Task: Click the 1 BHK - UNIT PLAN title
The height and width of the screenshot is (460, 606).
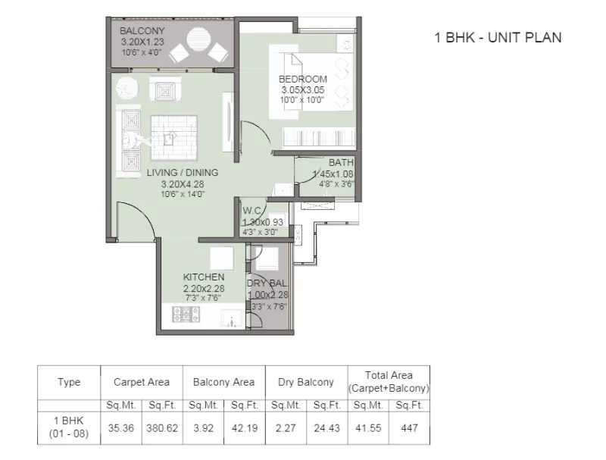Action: coord(498,37)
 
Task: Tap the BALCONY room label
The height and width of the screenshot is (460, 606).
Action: coord(142,30)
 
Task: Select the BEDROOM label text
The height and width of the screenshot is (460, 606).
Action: coord(303,80)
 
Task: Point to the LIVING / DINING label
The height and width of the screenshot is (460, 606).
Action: coord(183,172)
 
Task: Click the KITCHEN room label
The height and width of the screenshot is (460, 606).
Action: coord(204,277)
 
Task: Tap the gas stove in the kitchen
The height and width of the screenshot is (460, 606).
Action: coord(186,314)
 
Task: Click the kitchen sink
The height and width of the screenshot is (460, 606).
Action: coord(232,318)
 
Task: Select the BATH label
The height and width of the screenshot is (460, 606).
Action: coord(341,163)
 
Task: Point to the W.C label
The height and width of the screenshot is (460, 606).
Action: coord(252,211)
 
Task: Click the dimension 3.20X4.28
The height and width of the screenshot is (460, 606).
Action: coord(183,184)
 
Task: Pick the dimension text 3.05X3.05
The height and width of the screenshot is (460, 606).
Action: coord(303,90)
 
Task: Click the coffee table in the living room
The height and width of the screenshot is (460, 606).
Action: coord(174,137)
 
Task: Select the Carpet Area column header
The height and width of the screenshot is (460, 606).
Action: coord(142,382)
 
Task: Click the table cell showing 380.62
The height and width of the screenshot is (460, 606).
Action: coord(162,428)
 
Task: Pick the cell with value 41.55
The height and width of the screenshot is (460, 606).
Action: coord(368,428)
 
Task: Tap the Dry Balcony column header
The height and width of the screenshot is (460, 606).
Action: coord(306,382)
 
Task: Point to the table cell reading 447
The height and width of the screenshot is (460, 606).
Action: coord(409,428)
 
